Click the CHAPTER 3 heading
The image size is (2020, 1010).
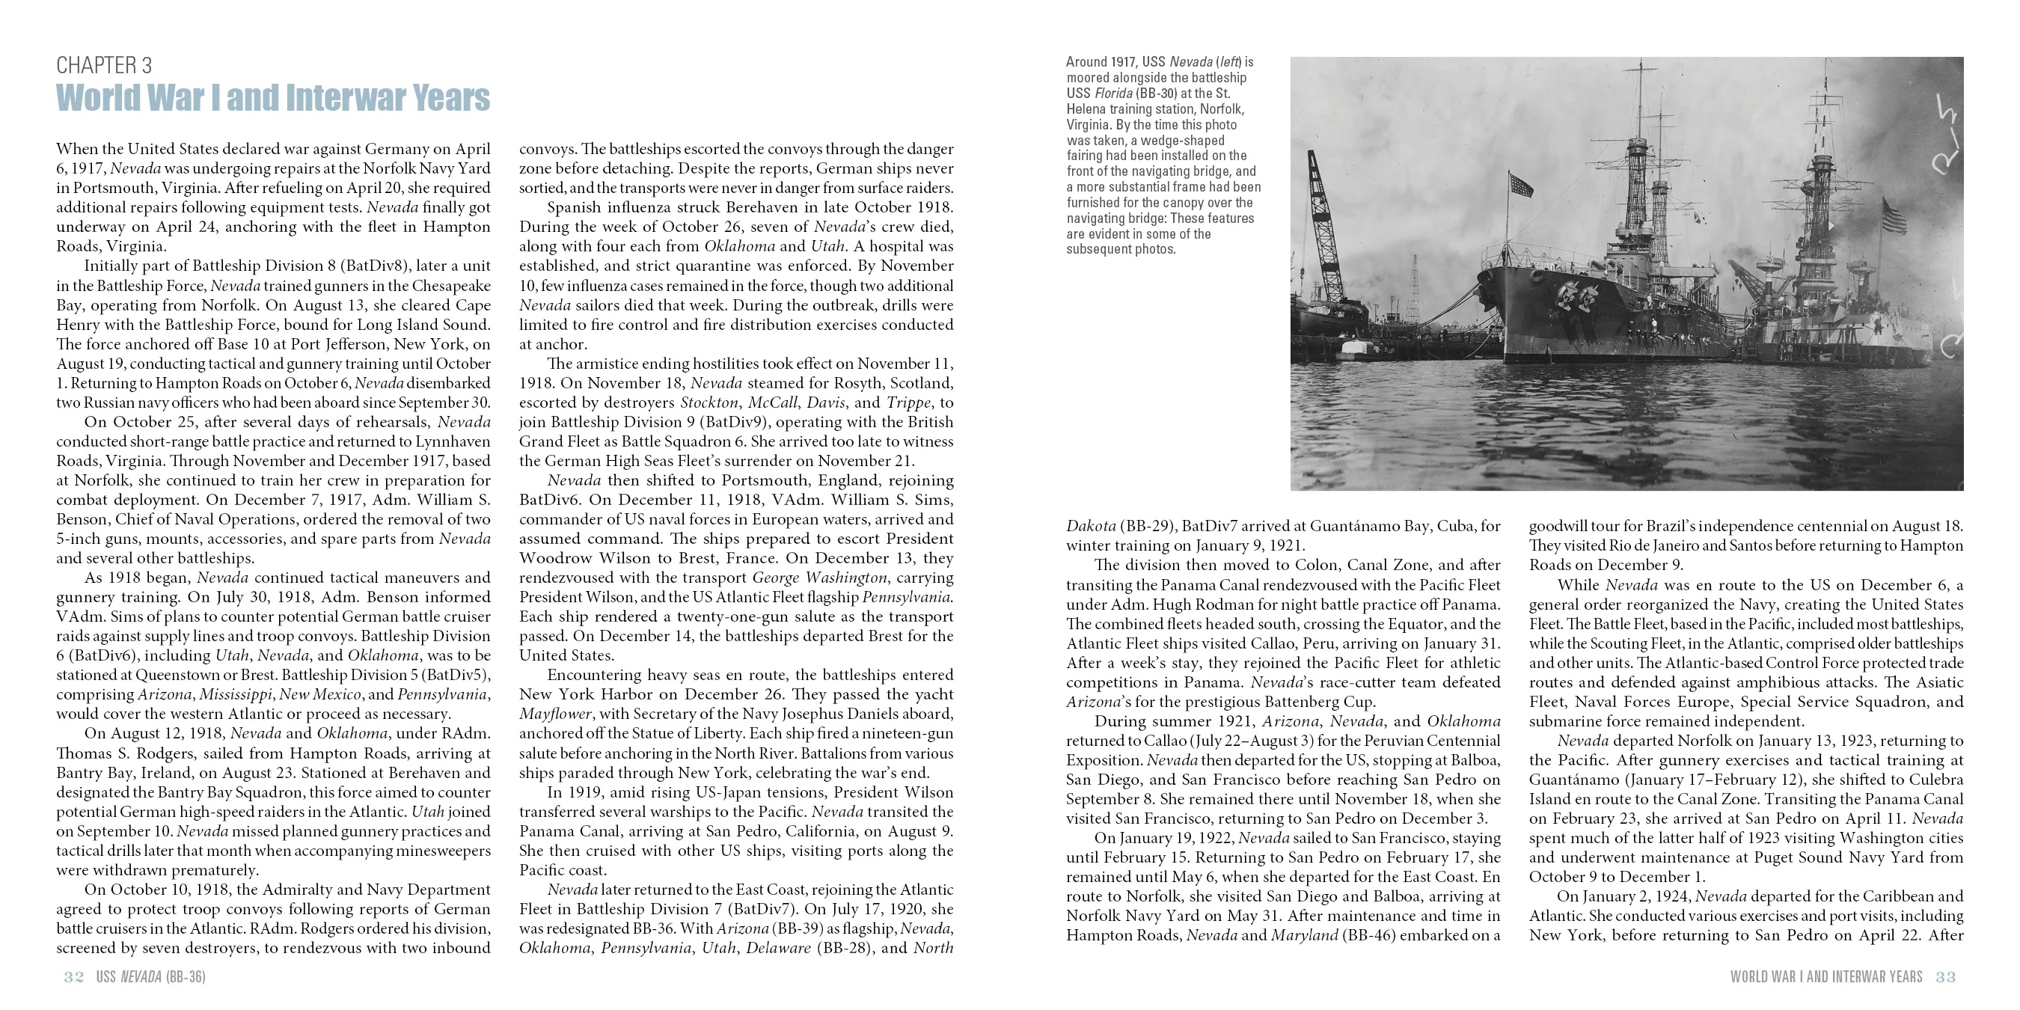point(104,65)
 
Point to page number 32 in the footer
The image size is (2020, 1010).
point(74,977)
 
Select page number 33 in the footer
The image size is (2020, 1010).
point(1945,977)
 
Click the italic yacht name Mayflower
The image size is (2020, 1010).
point(555,714)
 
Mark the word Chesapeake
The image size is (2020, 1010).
point(451,286)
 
